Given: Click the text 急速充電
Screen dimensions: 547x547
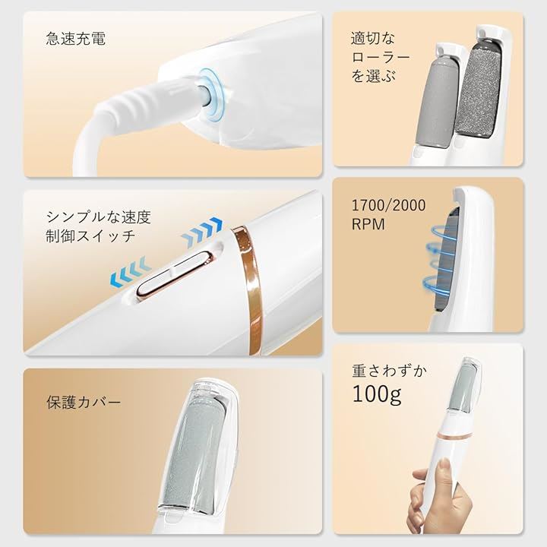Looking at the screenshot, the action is tap(75, 39).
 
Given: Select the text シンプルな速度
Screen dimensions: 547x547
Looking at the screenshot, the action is tap(98, 217).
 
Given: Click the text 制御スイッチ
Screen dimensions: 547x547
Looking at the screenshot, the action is tap(90, 236).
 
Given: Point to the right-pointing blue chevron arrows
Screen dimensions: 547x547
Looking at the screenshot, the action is tap(201, 232).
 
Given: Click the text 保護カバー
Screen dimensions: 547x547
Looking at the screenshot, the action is tap(84, 403).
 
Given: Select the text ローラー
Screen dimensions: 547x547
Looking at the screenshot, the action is tap(381, 57).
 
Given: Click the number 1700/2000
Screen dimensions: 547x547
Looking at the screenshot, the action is tap(388, 205).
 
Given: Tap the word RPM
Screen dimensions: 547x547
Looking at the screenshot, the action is tap(368, 224).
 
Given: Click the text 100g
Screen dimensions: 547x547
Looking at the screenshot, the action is tap(377, 394).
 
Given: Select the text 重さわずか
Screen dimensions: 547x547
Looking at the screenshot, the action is tap(389, 371).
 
